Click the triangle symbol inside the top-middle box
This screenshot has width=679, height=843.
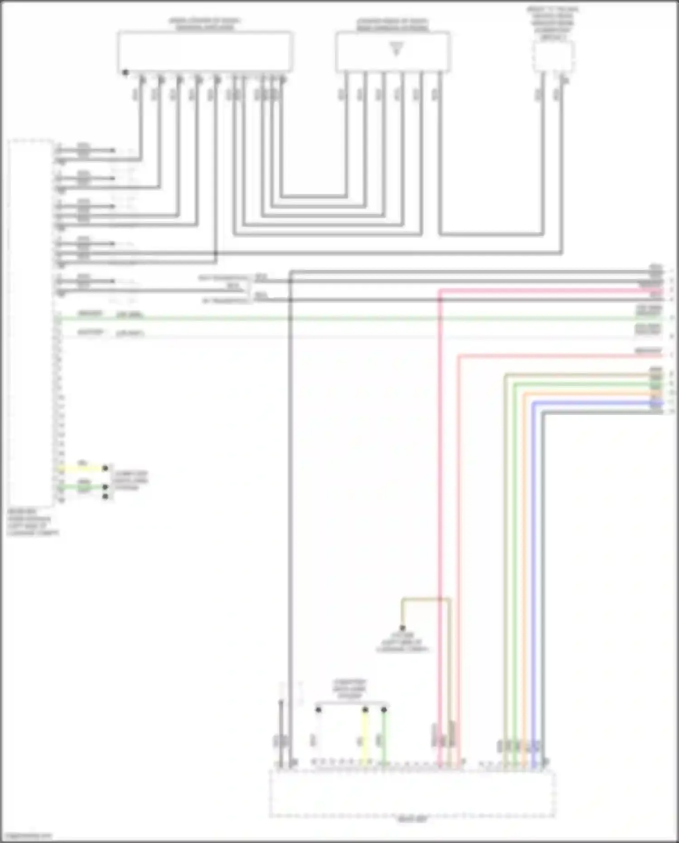397,48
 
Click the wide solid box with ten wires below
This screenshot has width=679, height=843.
205,51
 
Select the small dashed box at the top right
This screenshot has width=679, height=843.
553,57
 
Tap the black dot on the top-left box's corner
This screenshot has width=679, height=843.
125,72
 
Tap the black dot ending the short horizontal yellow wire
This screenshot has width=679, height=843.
105,468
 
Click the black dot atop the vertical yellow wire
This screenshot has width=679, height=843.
365,710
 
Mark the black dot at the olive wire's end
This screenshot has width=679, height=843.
402,628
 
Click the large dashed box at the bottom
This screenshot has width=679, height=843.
412,793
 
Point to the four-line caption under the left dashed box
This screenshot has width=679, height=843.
33,522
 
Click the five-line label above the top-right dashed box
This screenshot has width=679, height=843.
553,23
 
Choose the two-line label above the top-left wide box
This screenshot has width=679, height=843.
205,24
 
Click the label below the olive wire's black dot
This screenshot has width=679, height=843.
402,642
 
